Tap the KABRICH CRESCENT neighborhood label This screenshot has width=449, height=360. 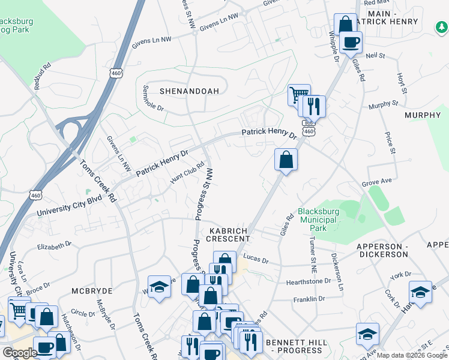click(229, 235)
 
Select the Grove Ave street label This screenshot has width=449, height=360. click(377, 181)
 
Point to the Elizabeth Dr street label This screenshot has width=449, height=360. click(54, 245)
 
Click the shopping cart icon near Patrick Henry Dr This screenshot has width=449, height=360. click(298, 95)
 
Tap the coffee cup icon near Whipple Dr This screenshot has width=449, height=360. click(351, 42)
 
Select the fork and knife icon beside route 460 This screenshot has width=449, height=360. click(313, 106)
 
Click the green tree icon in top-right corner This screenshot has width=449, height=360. click(441, 27)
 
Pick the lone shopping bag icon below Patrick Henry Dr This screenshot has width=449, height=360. click(286, 160)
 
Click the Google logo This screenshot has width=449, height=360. click(19, 353)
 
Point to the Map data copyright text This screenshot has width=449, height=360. click(412, 355)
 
